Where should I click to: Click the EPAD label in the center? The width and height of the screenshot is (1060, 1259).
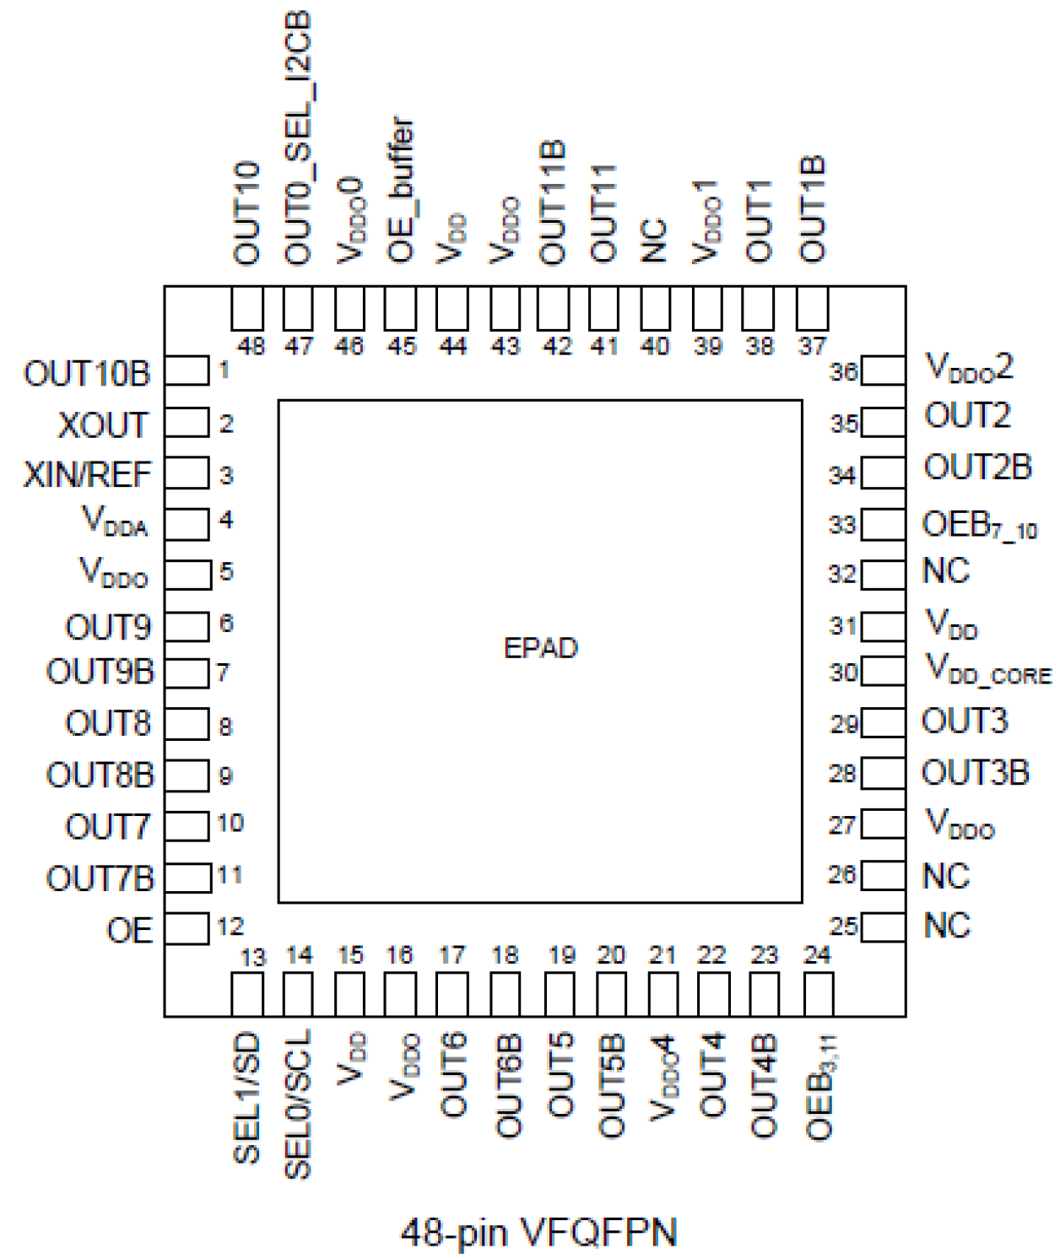(540, 648)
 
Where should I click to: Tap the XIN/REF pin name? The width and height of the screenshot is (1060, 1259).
(87, 475)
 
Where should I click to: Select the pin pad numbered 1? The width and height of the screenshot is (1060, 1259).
(187, 371)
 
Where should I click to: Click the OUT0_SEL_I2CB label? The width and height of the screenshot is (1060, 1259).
(298, 138)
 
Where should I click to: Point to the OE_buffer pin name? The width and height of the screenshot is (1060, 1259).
(401, 189)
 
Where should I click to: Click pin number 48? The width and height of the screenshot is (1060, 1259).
(251, 346)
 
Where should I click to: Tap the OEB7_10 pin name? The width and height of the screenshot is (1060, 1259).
(979, 526)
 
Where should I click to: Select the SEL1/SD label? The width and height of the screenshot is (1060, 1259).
(246, 1099)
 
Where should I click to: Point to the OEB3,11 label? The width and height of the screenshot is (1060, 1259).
(820, 1089)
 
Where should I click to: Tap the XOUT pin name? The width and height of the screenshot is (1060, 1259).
(103, 425)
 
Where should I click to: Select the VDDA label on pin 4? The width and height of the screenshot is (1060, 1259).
(115, 521)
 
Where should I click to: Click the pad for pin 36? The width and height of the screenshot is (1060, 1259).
(883, 370)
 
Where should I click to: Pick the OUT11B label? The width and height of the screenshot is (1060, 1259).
(552, 203)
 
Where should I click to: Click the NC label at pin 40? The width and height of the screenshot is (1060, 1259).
(655, 240)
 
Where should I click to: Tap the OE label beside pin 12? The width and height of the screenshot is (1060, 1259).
(129, 931)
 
